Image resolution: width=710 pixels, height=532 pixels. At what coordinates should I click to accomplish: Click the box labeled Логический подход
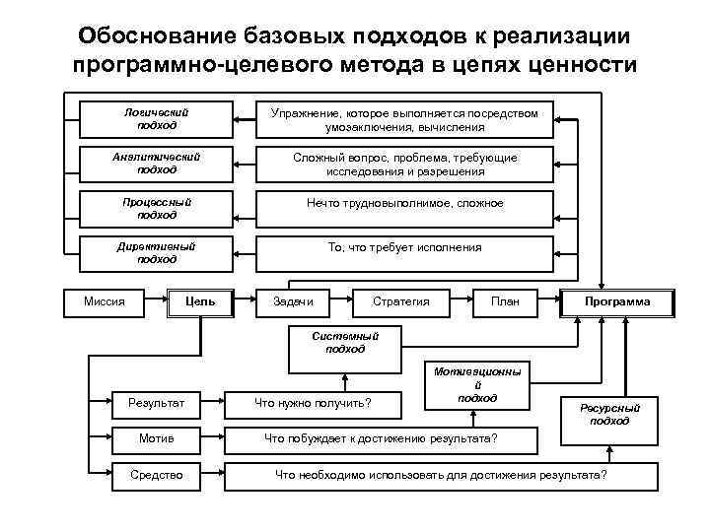[157, 119]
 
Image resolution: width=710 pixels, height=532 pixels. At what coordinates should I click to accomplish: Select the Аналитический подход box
[157, 164]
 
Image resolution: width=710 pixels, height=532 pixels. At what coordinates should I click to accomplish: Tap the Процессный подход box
[157, 209]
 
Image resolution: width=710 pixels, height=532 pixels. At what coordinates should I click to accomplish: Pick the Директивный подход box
[157, 253]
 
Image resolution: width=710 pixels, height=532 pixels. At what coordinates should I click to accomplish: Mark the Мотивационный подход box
[477, 385]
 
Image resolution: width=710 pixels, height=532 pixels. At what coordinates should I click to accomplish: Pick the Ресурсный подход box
[609, 414]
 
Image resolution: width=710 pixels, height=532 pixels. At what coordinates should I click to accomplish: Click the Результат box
[157, 401]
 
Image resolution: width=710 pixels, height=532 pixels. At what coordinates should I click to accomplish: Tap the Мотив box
[157, 437]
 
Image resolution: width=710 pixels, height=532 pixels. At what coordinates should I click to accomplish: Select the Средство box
[157, 475]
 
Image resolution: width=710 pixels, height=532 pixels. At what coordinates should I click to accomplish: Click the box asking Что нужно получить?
[314, 401]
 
